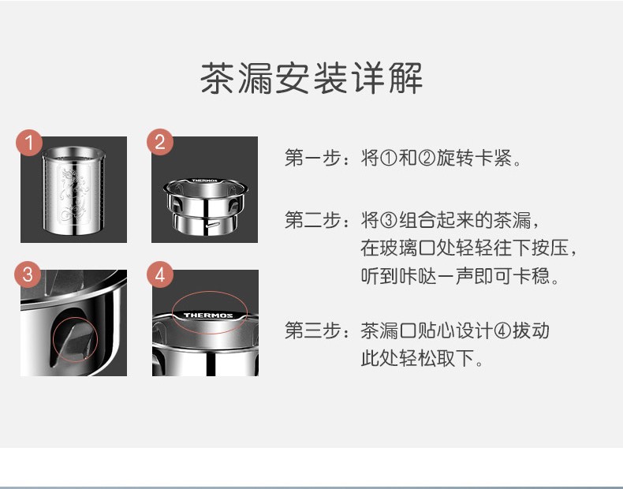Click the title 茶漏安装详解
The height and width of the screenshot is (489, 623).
click(311, 78)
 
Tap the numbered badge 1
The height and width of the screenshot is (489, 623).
click(29, 142)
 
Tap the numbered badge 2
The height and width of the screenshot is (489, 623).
click(160, 142)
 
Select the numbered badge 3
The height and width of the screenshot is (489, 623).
click(28, 274)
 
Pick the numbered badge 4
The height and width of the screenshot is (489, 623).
click(160, 274)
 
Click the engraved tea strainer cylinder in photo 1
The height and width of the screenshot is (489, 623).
click(73, 190)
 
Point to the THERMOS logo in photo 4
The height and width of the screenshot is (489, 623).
click(208, 315)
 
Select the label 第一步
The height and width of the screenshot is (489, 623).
click(313, 158)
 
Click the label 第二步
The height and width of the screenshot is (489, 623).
click(313, 220)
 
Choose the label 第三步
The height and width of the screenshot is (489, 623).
click(313, 330)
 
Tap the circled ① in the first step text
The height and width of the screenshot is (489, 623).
click(389, 158)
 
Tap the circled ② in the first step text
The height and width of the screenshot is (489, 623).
click(427, 158)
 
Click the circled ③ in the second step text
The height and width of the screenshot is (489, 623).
click(389, 220)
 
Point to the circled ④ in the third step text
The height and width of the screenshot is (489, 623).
click(502, 331)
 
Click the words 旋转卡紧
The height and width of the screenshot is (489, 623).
click(474, 158)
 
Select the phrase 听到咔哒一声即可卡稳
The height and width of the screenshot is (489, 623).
click(455, 276)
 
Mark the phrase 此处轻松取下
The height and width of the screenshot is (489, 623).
click(417, 358)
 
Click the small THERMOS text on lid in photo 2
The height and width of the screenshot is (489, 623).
click(205, 181)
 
